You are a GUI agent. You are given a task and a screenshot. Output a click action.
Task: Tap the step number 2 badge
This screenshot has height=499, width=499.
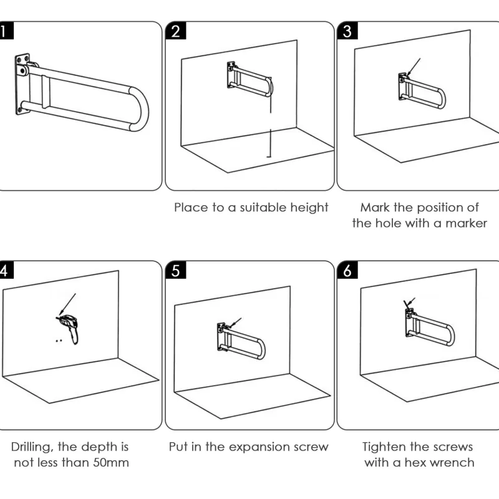(x=176, y=32)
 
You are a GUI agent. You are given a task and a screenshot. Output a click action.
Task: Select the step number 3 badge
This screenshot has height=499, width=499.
(x=347, y=32)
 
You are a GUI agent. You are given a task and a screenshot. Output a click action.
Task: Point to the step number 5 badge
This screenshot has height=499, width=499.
(x=176, y=271)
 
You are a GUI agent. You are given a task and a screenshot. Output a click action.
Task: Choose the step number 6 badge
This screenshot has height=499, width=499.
(x=347, y=271)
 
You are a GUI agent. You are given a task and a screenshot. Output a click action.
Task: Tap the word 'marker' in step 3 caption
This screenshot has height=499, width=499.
(x=464, y=223)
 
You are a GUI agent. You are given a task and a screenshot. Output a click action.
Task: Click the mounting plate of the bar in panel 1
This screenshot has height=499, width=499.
(x=23, y=84)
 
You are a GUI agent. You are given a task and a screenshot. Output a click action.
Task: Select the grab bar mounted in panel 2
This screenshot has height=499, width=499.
(x=249, y=80)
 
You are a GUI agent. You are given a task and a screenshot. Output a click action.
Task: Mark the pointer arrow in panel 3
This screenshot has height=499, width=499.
(x=414, y=67)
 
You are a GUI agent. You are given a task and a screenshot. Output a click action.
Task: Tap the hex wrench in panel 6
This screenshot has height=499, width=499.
(x=408, y=304)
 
